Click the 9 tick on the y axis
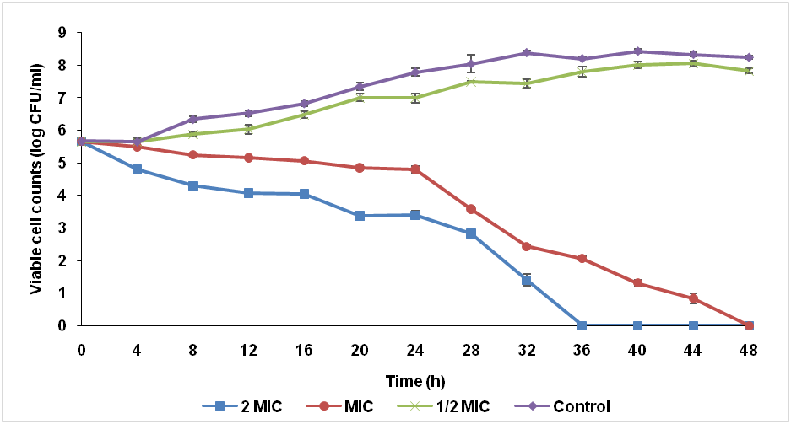(x=62, y=33)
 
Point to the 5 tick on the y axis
(x=62, y=163)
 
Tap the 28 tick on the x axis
(x=471, y=347)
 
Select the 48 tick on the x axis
(x=748, y=347)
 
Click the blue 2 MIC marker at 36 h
(x=582, y=325)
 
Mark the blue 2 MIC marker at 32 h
(x=527, y=280)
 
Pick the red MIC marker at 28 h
(x=471, y=209)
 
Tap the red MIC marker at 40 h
(x=637, y=283)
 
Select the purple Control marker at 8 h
(x=193, y=119)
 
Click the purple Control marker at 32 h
(x=527, y=53)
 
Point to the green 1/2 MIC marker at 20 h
(x=360, y=98)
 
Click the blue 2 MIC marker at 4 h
(x=138, y=169)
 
